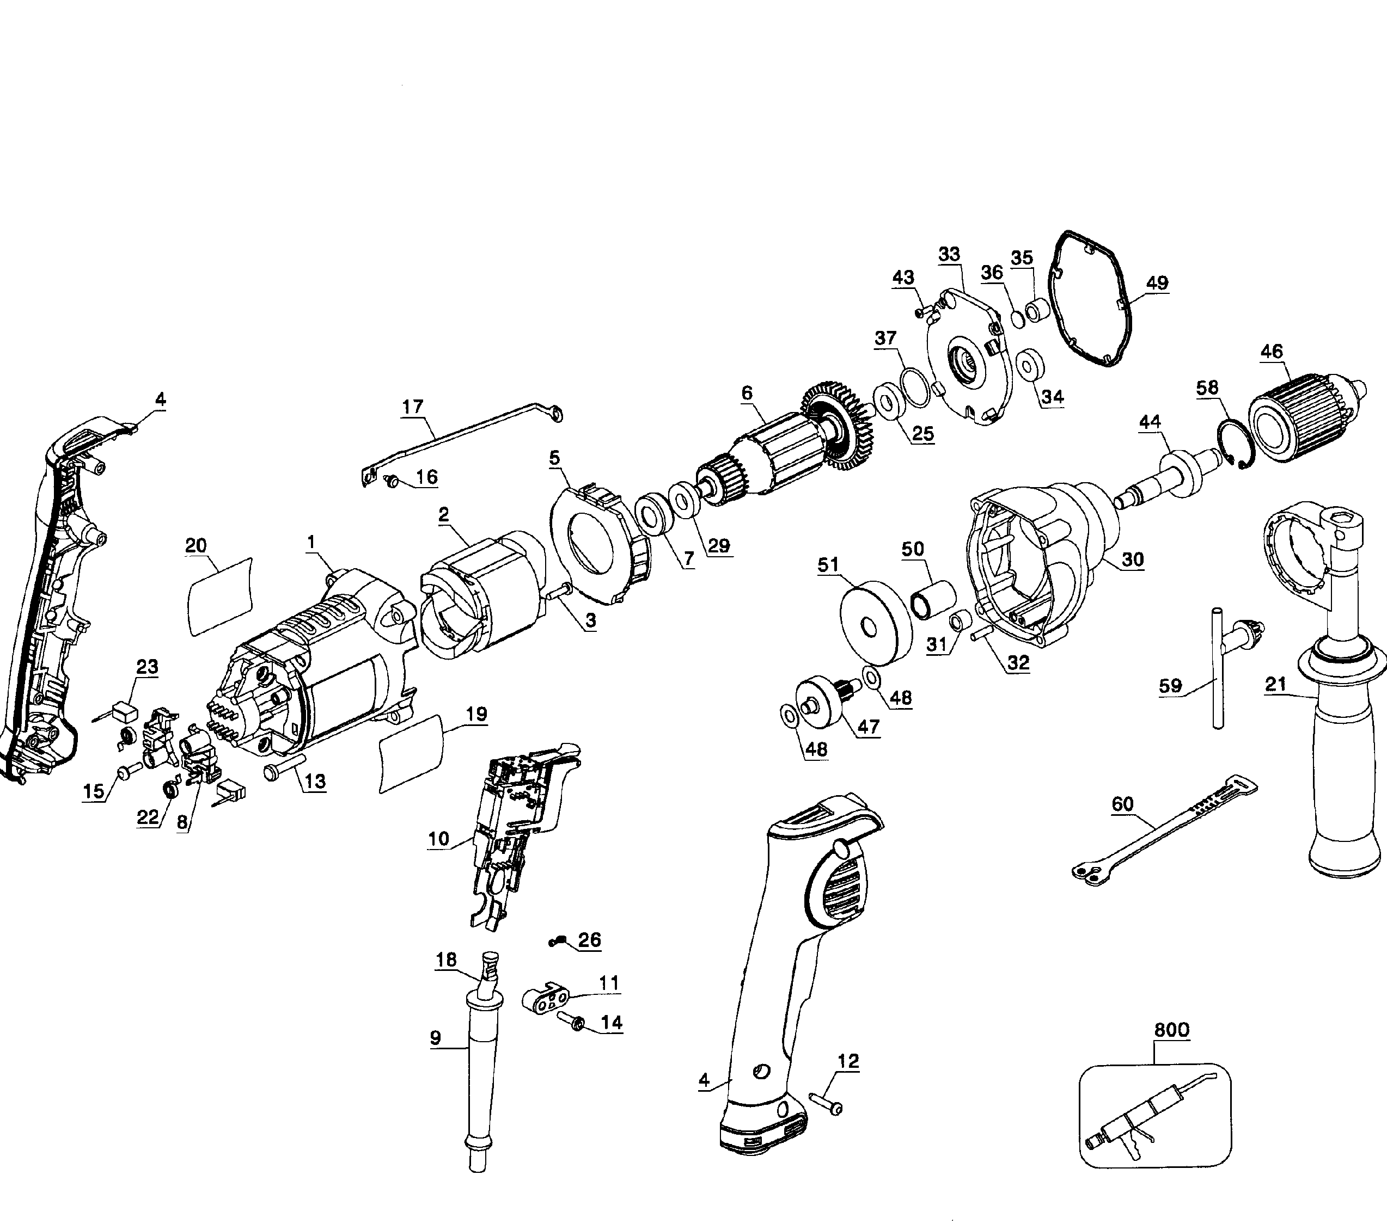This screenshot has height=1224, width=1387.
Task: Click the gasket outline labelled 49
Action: (x=1092, y=298)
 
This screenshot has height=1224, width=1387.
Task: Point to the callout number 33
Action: (x=949, y=254)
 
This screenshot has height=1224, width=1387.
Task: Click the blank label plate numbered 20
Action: (x=219, y=596)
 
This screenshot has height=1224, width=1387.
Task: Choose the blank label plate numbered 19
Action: (x=411, y=753)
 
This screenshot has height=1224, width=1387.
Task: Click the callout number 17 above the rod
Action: (x=413, y=407)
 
